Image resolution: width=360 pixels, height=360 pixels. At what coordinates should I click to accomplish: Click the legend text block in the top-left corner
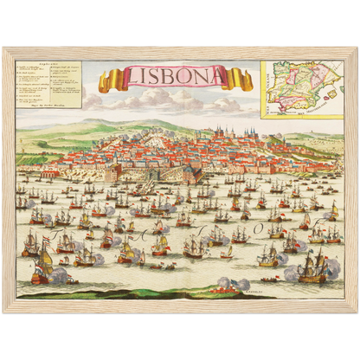click(50, 85)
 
